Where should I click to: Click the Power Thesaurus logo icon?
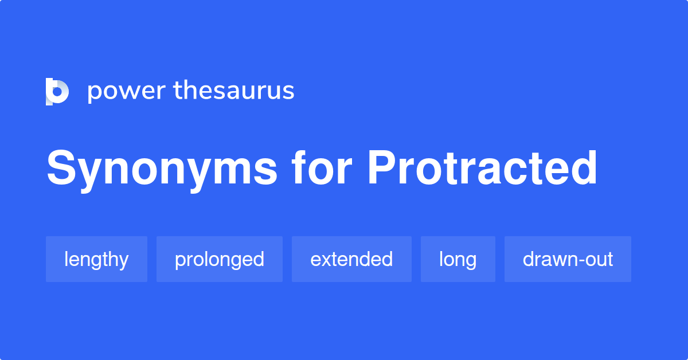click(57, 92)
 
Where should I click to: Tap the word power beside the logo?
click(127, 92)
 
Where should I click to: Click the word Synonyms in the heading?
click(162, 171)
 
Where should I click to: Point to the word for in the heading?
click(322, 168)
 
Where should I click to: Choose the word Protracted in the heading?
click(482, 168)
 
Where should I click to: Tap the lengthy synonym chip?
click(96, 259)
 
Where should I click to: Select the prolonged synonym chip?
click(220, 259)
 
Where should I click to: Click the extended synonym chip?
click(351, 259)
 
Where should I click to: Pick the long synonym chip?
click(458, 259)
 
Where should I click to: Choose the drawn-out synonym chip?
click(568, 259)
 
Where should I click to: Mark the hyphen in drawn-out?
click(581, 260)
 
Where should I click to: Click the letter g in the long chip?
click(470, 263)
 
